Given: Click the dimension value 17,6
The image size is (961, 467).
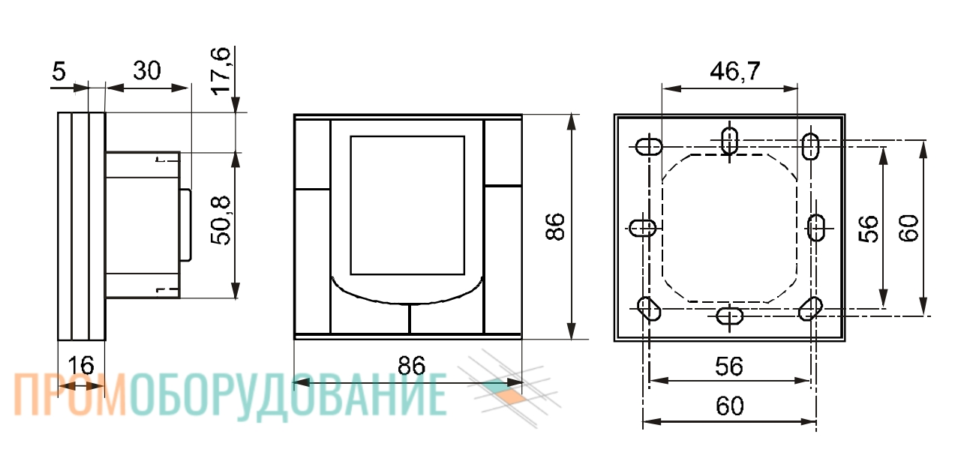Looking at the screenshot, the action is [221, 71].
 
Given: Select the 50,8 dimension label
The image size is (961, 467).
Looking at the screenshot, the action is [221, 221].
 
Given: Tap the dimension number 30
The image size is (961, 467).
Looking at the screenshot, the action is [147, 70].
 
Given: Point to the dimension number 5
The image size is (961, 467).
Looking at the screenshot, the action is [59, 71].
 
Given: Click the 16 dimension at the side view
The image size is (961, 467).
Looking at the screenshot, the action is [81, 366].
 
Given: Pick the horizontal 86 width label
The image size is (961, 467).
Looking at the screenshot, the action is [411, 366].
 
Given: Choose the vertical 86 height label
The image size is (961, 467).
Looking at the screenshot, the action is [555, 226].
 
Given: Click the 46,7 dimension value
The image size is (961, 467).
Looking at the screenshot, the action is [735, 71].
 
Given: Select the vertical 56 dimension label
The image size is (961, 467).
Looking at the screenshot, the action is [869, 229].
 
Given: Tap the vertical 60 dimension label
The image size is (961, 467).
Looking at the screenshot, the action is [908, 228].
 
